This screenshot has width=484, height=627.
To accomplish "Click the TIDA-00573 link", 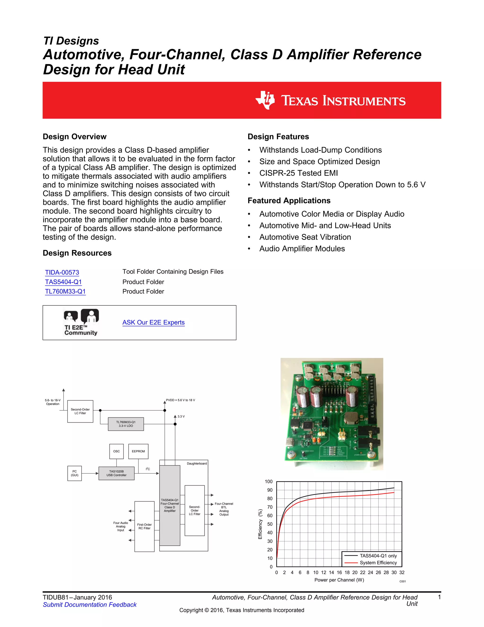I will (x=62, y=272).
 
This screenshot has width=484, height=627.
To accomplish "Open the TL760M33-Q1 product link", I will (x=65, y=291).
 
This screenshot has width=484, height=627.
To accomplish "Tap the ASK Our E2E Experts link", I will (x=153, y=322).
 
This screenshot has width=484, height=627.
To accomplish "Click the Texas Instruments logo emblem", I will (x=265, y=100).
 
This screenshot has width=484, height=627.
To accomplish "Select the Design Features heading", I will (x=278, y=137).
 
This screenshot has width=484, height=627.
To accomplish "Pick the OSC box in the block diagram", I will (x=117, y=451).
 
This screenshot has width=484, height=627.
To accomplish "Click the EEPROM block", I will (x=138, y=451).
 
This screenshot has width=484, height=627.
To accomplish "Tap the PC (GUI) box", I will (x=74, y=473).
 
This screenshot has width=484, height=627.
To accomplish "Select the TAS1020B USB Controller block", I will (x=117, y=473).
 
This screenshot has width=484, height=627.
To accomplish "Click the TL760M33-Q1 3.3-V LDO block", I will (x=126, y=424).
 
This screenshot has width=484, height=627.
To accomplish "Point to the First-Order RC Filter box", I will (x=144, y=526).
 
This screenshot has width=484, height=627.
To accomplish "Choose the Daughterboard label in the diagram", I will (x=197, y=463).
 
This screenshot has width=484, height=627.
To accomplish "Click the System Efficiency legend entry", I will (x=378, y=563).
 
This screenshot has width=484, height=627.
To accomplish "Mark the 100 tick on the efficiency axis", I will (x=269, y=481).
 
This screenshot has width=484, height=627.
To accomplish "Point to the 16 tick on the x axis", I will (x=339, y=572).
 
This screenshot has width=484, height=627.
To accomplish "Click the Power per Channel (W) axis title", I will (x=339, y=580).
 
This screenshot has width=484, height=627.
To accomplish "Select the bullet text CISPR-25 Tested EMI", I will (x=298, y=173).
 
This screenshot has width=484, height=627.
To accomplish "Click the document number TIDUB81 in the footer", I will (x=56, y=597).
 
